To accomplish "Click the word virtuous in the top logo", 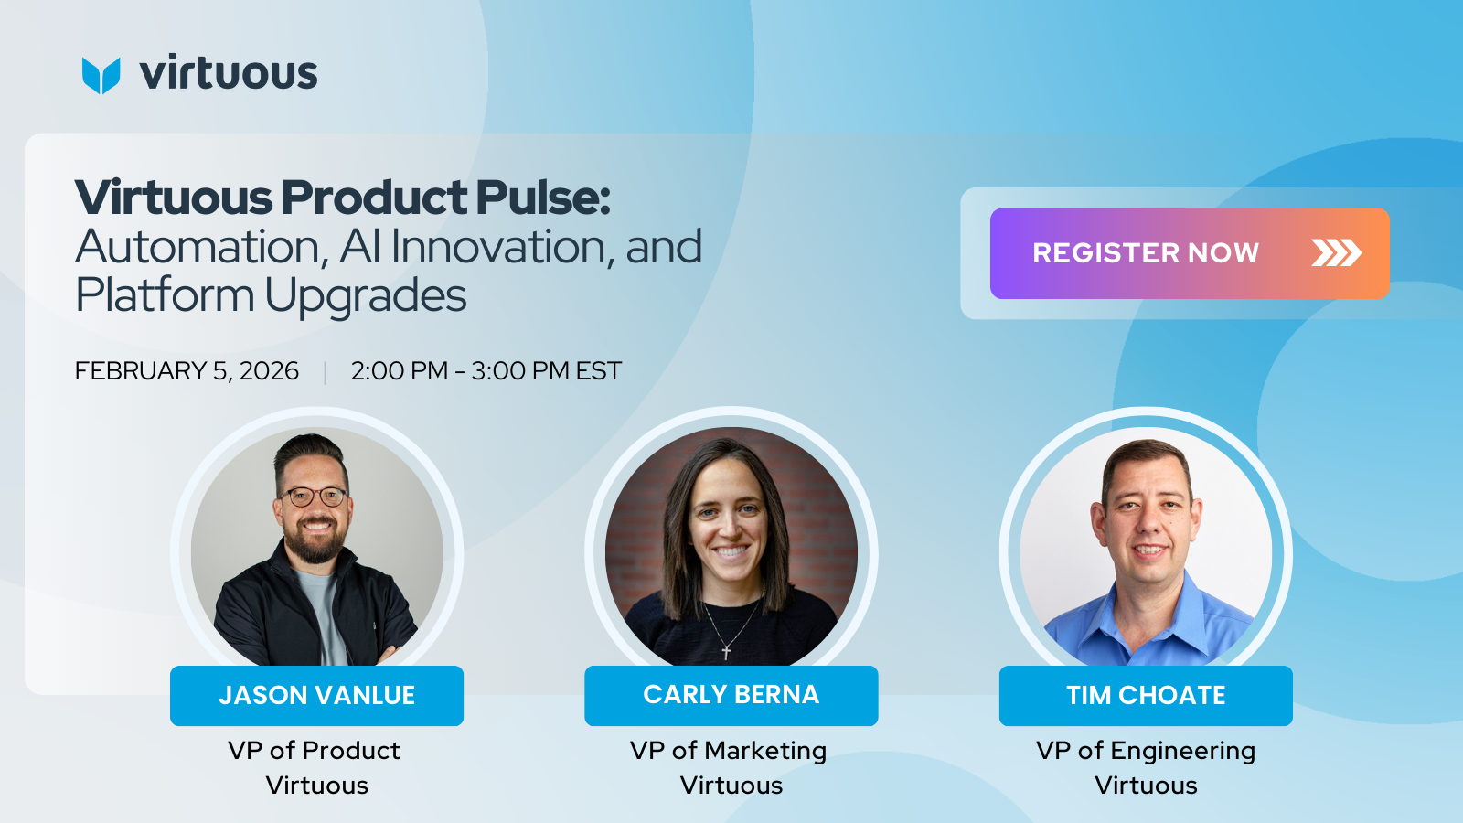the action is pyautogui.click(x=229, y=72).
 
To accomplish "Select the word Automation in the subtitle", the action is pyautogui.click(x=201, y=248).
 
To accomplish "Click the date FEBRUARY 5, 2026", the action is pyautogui.click(x=187, y=371).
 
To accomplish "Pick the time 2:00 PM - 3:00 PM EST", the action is pyautogui.click(x=486, y=371).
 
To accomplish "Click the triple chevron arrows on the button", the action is pyautogui.click(x=1336, y=253).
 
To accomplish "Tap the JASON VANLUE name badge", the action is pyautogui.click(x=316, y=696).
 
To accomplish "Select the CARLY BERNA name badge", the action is pyautogui.click(x=731, y=696).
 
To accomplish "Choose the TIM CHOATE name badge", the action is pyautogui.click(x=1146, y=696).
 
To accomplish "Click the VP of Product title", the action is pyautogui.click(x=315, y=751).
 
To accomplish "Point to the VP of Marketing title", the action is pyautogui.click(x=728, y=751).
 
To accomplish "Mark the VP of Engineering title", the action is pyautogui.click(x=1146, y=751).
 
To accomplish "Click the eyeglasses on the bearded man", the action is pyautogui.click(x=315, y=497).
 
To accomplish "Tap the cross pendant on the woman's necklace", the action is pyautogui.click(x=726, y=651).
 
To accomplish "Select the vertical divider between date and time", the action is pyautogui.click(x=325, y=372).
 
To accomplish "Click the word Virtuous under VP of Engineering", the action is pyautogui.click(x=1146, y=786).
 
